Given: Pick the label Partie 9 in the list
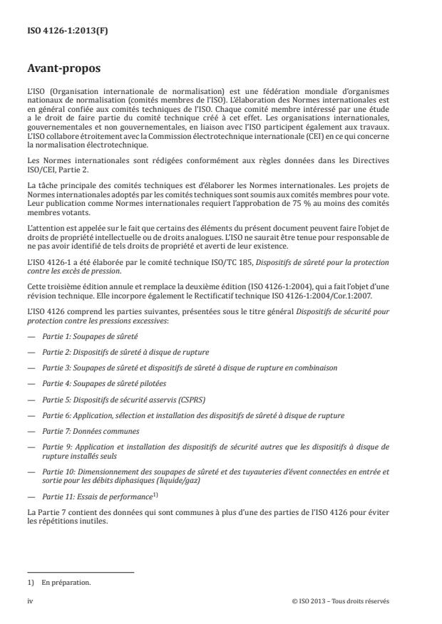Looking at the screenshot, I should point(55,447).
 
